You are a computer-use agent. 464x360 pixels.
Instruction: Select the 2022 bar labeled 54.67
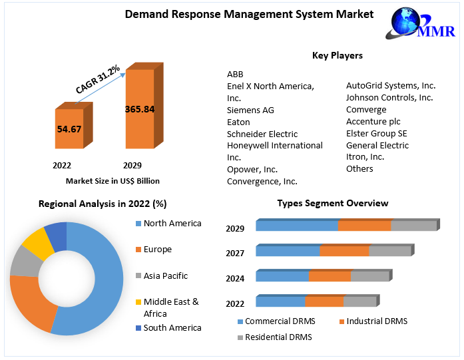[x=69, y=129]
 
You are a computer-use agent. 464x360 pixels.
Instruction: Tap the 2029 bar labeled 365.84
[x=140, y=109]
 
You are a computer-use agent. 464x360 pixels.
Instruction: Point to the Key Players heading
[x=337, y=55]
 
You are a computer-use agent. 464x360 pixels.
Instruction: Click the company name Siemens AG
[x=250, y=110]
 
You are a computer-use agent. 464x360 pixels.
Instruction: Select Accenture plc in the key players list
[x=373, y=121]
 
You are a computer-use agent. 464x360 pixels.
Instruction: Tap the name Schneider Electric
[x=262, y=134]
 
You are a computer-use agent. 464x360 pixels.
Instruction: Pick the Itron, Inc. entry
[x=365, y=157]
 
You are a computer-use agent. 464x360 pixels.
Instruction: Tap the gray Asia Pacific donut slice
[x=25, y=261]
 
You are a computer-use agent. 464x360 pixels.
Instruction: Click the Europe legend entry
[x=157, y=250]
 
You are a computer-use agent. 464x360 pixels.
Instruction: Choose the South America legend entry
[x=172, y=327]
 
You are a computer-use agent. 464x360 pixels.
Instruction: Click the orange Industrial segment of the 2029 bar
[x=364, y=226]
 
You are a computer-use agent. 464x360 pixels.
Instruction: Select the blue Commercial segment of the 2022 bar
[x=280, y=301]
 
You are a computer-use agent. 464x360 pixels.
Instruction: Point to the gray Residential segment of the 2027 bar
[x=390, y=251]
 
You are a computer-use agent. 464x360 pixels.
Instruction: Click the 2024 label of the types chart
[x=235, y=278]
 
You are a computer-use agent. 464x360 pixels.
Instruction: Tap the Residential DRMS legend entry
[x=278, y=337]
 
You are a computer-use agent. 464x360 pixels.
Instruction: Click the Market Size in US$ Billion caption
[x=113, y=181]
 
